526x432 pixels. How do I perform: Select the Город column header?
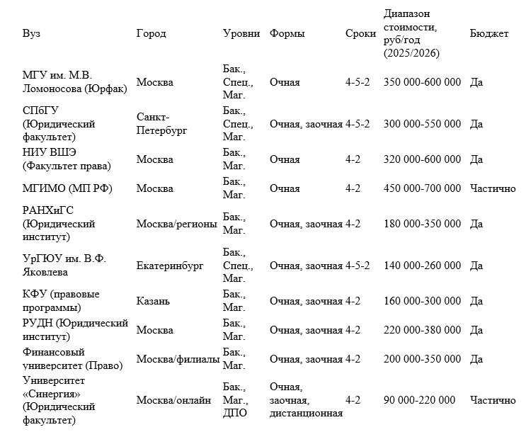(x=151, y=34)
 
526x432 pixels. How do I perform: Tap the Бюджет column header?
(x=488, y=34)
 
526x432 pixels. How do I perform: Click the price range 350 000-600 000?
(x=422, y=83)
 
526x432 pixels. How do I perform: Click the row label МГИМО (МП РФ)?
(x=67, y=188)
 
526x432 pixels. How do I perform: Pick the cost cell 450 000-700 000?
(x=422, y=188)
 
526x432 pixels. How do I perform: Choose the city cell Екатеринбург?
(x=170, y=266)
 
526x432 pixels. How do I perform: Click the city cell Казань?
(x=153, y=301)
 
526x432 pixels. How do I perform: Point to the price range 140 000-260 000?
(x=422, y=266)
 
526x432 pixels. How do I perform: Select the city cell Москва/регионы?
(x=177, y=224)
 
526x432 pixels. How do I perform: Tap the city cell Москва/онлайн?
(x=173, y=400)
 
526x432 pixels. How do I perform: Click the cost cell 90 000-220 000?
(x=419, y=400)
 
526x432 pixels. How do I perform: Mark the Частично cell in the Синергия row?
(x=492, y=400)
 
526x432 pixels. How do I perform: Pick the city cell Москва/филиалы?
(x=177, y=359)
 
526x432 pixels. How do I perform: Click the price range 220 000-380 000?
(x=422, y=330)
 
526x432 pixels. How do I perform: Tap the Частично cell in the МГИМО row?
(x=492, y=188)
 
